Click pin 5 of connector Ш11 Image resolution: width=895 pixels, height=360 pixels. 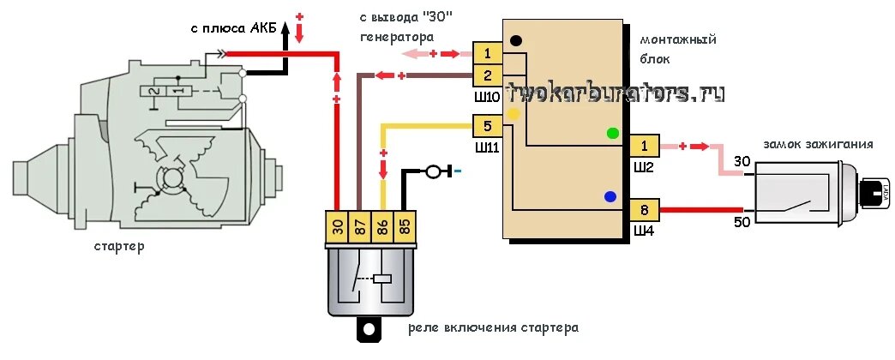coord(486,127)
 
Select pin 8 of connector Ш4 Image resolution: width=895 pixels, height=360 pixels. coord(644,210)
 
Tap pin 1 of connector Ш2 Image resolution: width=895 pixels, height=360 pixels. coord(644,146)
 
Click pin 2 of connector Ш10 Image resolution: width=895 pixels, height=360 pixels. coord(486,75)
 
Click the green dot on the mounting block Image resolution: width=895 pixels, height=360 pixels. coord(613,133)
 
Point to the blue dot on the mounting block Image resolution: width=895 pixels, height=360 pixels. coord(610,196)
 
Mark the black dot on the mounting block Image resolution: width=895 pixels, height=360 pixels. coord(516,40)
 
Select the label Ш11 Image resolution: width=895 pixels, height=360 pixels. coord(486,147)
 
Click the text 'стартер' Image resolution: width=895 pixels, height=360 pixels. coord(119,247)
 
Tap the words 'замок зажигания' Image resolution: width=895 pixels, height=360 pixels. coord(817,144)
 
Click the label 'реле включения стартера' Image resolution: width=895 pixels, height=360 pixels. coord(493,327)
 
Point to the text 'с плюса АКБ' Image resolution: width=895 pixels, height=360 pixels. coord(233,28)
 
